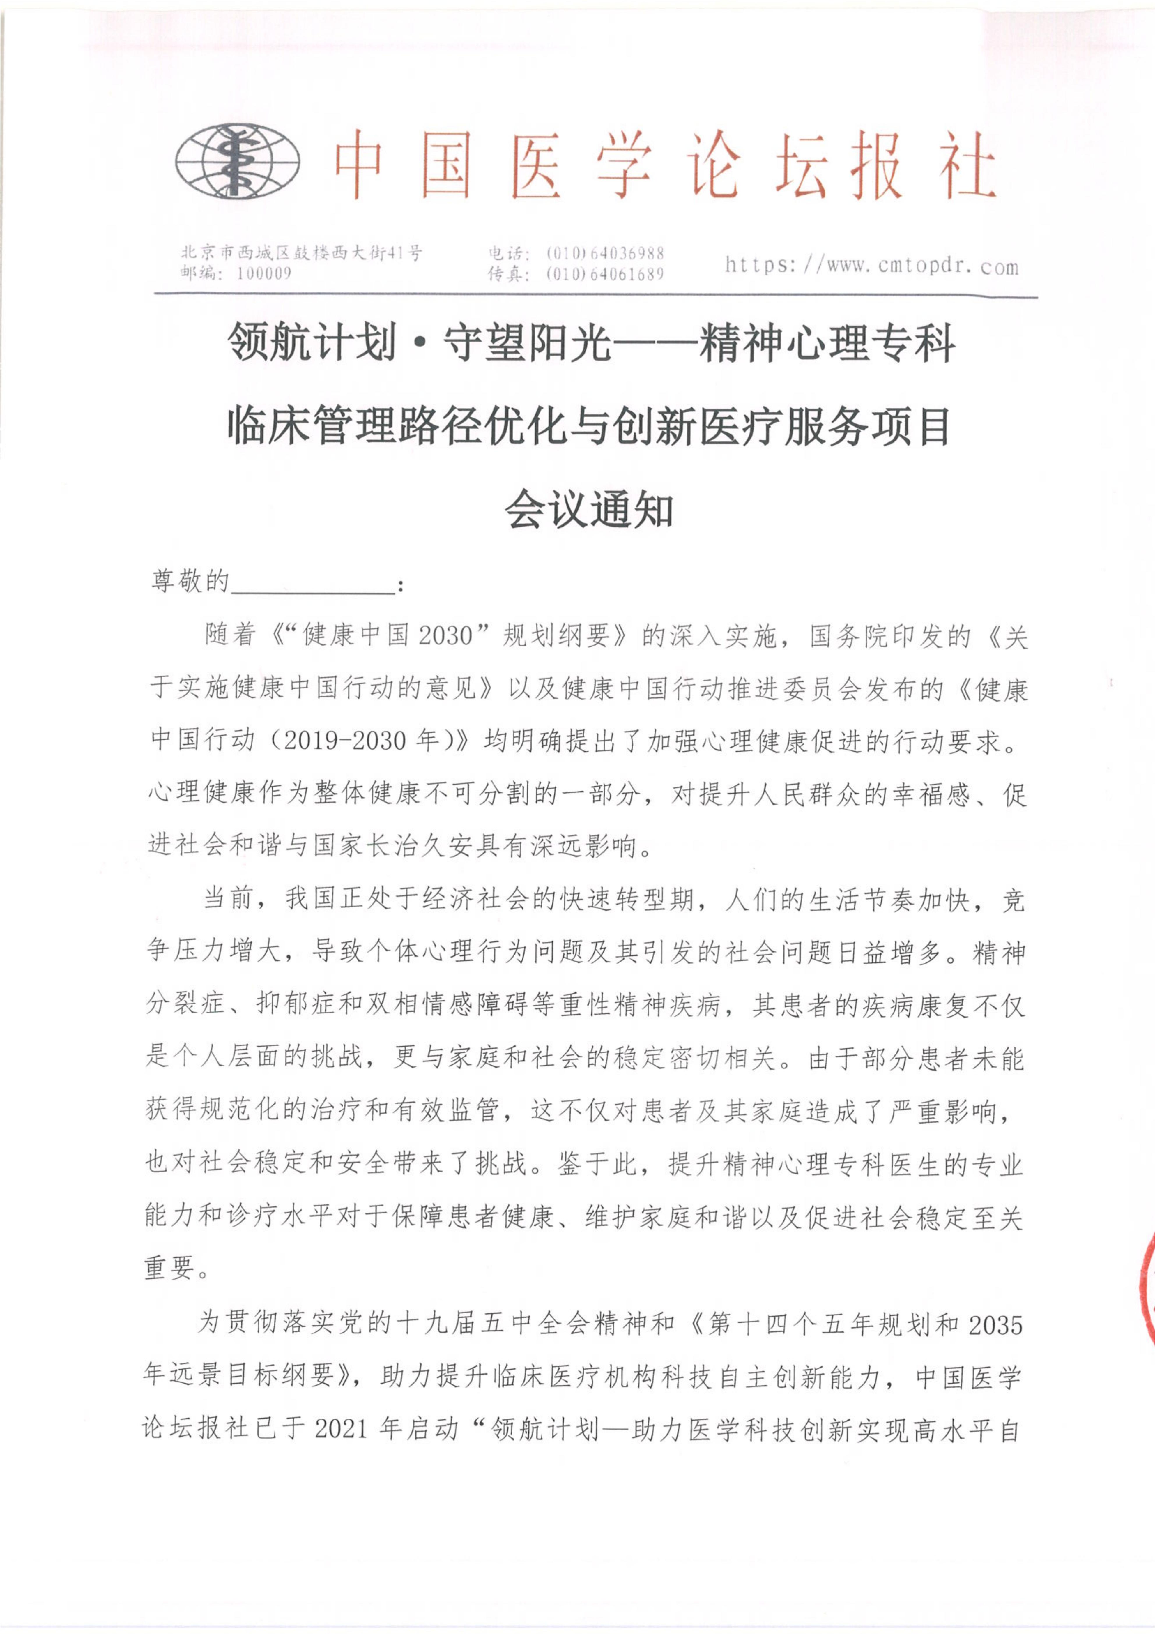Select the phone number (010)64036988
tap(605, 253)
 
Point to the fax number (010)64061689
tap(605, 274)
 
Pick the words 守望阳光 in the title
tap(527, 343)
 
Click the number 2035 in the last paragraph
tap(995, 1325)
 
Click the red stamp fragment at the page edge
tap(1147, 1274)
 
